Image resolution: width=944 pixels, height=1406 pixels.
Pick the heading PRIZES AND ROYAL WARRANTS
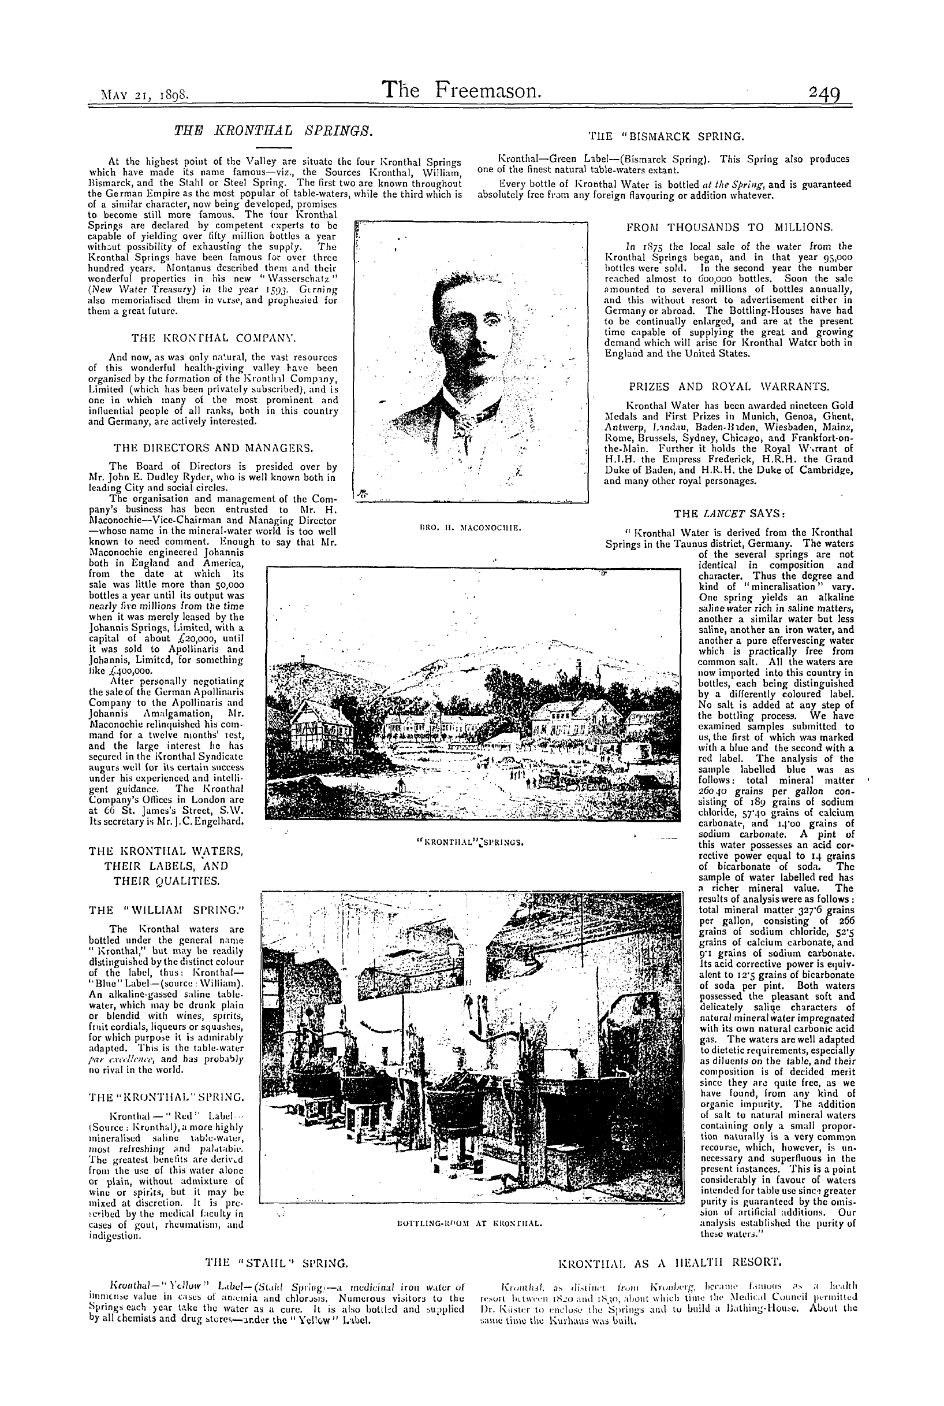pos(729,386)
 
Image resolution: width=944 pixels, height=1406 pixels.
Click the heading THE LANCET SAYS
pos(730,514)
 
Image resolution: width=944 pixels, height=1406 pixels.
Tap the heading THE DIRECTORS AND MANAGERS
pos(213,448)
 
